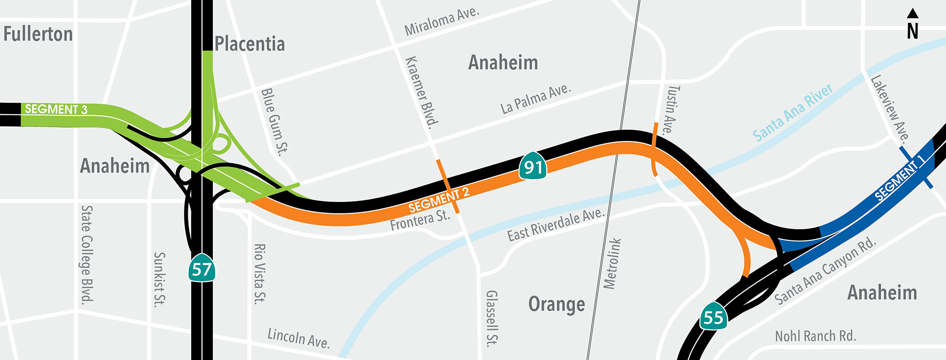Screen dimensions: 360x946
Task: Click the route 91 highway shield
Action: [x=533, y=166]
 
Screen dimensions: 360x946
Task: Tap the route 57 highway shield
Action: [x=202, y=269]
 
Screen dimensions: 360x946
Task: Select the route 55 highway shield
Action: [x=714, y=316]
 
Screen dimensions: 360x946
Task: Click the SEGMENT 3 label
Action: [x=56, y=109]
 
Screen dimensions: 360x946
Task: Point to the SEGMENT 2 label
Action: [x=439, y=200]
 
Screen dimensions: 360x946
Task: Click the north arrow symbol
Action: [x=913, y=24]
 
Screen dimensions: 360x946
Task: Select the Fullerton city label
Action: [x=38, y=34]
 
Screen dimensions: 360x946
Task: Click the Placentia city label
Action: [x=250, y=44]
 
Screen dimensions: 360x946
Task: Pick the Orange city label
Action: [x=556, y=304]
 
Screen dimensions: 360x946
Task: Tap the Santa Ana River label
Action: [x=793, y=112]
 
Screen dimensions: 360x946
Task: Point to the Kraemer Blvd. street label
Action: [x=422, y=93]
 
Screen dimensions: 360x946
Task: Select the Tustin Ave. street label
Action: [x=672, y=110]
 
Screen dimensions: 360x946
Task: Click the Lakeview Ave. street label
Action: [x=890, y=109]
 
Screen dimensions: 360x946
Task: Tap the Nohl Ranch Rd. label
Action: [x=815, y=336]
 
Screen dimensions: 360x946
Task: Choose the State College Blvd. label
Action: [x=87, y=254]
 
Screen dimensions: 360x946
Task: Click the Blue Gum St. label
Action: [x=274, y=122]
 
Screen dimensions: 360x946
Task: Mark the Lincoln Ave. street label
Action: [x=298, y=338]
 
